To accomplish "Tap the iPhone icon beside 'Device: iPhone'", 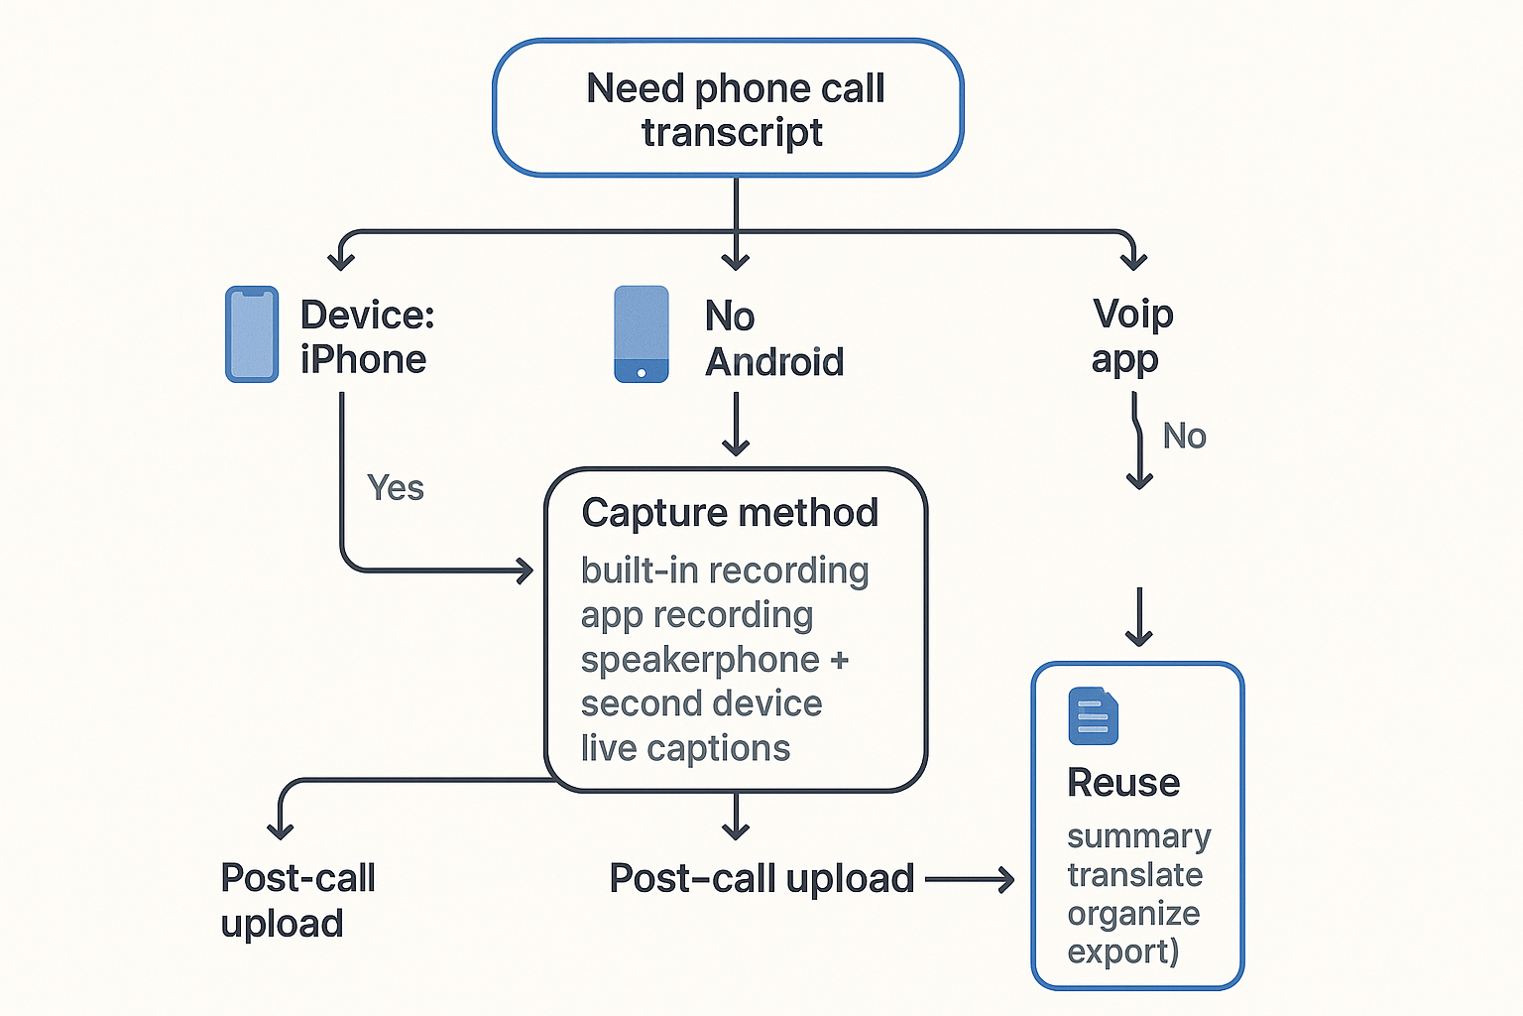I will coord(252,334).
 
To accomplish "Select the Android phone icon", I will coord(642,334).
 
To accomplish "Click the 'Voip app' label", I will coord(1131,336).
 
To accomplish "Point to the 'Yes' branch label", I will coord(395,488).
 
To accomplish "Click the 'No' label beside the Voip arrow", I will coord(1184,437).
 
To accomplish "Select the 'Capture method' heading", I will coord(730,513).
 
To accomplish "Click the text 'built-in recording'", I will coord(725,571).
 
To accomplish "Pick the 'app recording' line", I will coord(697,615).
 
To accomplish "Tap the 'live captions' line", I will coord(685,748).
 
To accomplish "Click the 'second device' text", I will coord(701,703).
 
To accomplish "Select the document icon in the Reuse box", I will coord(1093,715).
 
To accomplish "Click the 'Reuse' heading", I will coord(1123,783).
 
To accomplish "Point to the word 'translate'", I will coord(1134,875).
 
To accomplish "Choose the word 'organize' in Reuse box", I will coord(1133,913).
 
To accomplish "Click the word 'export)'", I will coord(1122,952).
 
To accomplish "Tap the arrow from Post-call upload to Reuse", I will coord(970,879).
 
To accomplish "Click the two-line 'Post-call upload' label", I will coord(297,900).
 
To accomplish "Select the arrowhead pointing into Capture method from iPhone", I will coord(524,571).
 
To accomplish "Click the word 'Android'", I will coord(774,362).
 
